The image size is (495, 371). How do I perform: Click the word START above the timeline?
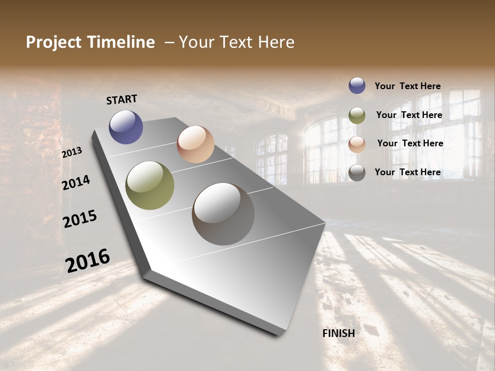point(122,99)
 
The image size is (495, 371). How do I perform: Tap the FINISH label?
point(338,333)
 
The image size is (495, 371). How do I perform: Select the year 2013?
point(72,153)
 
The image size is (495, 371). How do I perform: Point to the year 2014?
point(76,183)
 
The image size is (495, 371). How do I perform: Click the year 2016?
point(88,261)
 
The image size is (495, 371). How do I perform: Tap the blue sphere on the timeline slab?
point(126,127)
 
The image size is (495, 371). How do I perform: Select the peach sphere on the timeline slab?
point(195,144)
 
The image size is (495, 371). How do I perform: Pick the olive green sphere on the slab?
point(150,185)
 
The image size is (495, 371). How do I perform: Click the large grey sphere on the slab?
point(223,214)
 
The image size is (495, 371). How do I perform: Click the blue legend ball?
point(357,86)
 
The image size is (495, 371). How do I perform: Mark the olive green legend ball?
point(357,115)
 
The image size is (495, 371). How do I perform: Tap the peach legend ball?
point(357,144)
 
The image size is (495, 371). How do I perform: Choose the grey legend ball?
point(357,173)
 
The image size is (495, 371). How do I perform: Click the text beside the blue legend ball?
point(407,86)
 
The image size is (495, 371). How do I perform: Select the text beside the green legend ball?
point(409,115)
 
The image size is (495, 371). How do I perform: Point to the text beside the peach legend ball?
point(410,143)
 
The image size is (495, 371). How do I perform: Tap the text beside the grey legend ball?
point(407,172)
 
